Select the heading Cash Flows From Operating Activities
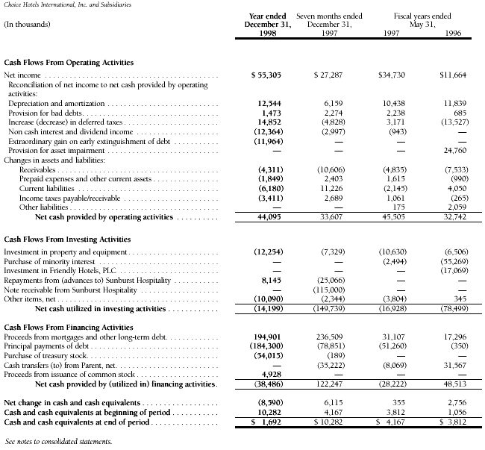(x=69, y=63)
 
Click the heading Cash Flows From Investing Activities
(x=67, y=239)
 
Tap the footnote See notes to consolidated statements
(x=57, y=442)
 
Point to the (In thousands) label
(x=27, y=24)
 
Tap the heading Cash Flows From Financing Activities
(x=68, y=327)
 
